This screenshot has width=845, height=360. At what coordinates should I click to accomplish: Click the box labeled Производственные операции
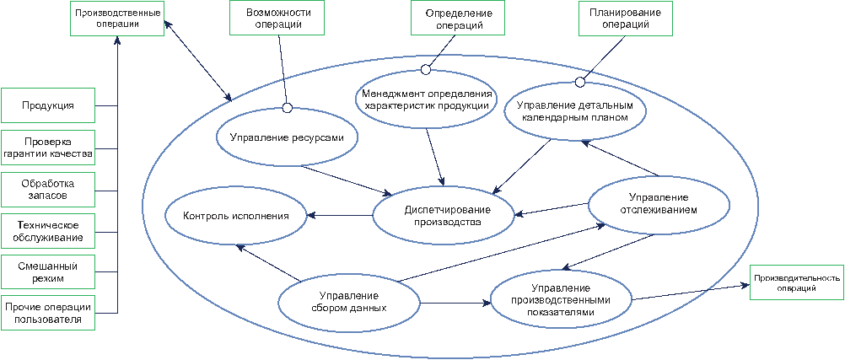click(117, 19)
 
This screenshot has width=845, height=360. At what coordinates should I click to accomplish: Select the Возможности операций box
click(277, 18)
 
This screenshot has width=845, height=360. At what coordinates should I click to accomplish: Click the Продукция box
click(48, 105)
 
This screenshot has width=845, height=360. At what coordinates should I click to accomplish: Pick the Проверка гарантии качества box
click(48, 148)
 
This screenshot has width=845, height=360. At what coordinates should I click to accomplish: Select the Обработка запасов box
click(48, 189)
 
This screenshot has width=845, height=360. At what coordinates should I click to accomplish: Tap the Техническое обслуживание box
click(48, 231)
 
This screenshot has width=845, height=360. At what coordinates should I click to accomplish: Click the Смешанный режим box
click(48, 272)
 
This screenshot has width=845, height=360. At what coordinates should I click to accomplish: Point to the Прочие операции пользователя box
click(48, 313)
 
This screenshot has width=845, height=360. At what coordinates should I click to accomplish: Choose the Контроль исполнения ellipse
click(235, 216)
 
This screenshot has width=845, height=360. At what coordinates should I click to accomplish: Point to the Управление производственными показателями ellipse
click(562, 299)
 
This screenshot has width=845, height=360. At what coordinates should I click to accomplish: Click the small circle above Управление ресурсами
click(288, 108)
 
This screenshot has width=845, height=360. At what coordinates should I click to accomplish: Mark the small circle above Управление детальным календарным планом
click(580, 82)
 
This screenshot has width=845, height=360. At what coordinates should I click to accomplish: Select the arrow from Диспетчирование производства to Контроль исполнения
click(340, 216)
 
